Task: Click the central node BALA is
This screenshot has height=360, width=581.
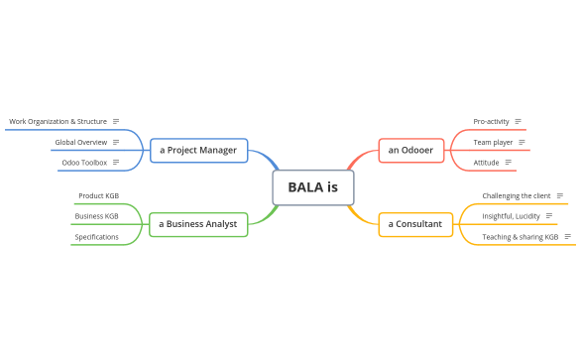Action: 312,186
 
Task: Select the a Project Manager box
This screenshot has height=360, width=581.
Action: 198,150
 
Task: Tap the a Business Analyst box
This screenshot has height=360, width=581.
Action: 198,224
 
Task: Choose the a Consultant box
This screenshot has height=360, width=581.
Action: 414,224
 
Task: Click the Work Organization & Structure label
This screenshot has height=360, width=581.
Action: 58,121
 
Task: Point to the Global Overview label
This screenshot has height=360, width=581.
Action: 80,142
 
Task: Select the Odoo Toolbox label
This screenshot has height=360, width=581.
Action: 83,162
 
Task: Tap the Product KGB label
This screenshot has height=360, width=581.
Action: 98,195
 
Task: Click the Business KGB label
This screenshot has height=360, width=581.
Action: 96,215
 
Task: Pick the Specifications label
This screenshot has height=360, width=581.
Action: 96,237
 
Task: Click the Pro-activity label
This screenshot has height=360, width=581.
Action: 491,121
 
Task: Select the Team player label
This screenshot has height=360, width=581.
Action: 493,142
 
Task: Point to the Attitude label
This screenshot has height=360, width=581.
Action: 486,162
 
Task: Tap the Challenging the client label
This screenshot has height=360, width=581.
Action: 516,195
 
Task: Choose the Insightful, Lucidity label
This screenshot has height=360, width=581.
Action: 511,215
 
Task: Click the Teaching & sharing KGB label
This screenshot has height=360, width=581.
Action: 520,237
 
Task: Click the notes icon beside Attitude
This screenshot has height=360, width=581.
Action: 509,162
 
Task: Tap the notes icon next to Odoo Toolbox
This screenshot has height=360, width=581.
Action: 116,162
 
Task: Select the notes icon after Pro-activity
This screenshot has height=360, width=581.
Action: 519,121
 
